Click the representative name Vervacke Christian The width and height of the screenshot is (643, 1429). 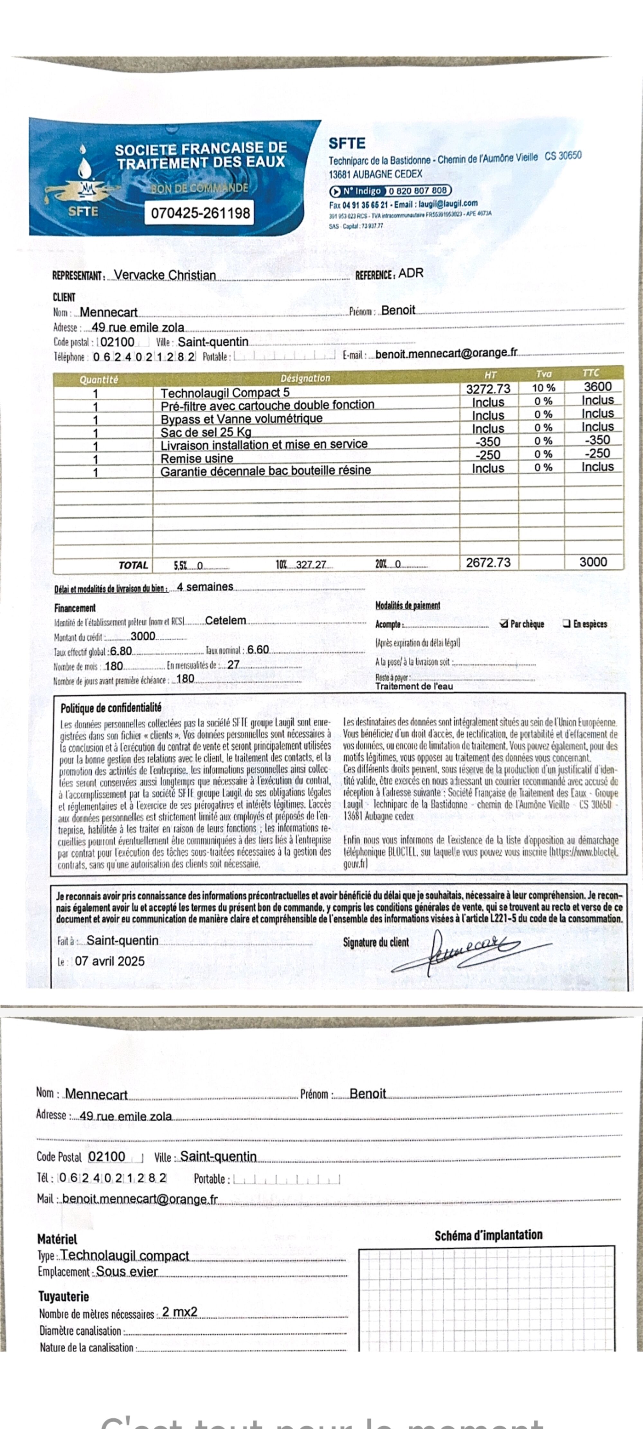[165, 275]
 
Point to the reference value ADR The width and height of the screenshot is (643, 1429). [411, 273]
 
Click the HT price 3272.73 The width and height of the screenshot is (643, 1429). [488, 389]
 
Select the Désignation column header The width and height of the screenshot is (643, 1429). [305, 378]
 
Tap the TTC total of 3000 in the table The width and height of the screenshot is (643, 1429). [593, 562]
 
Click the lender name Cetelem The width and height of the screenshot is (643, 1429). [225, 621]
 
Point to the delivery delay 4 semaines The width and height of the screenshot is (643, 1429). [205, 587]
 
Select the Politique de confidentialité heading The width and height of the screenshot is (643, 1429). [111, 708]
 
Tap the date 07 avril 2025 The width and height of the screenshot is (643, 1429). [110, 961]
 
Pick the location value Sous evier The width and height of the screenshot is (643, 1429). [127, 1271]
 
